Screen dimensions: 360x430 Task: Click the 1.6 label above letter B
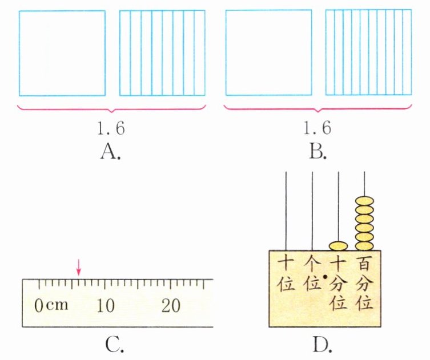click(318, 128)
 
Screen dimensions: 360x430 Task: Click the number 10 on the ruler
click(106, 306)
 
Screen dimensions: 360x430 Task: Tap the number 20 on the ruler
click(171, 306)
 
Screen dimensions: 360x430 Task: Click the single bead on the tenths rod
click(338, 246)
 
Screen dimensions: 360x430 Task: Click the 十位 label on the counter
click(286, 274)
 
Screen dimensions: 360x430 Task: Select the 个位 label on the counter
click(312, 274)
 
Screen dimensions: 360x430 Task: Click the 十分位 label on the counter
click(338, 283)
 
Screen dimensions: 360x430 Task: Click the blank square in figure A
click(62, 53)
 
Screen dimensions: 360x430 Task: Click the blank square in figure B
click(268, 53)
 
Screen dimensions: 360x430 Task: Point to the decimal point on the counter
click(325, 277)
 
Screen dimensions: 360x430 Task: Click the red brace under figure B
click(318, 108)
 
